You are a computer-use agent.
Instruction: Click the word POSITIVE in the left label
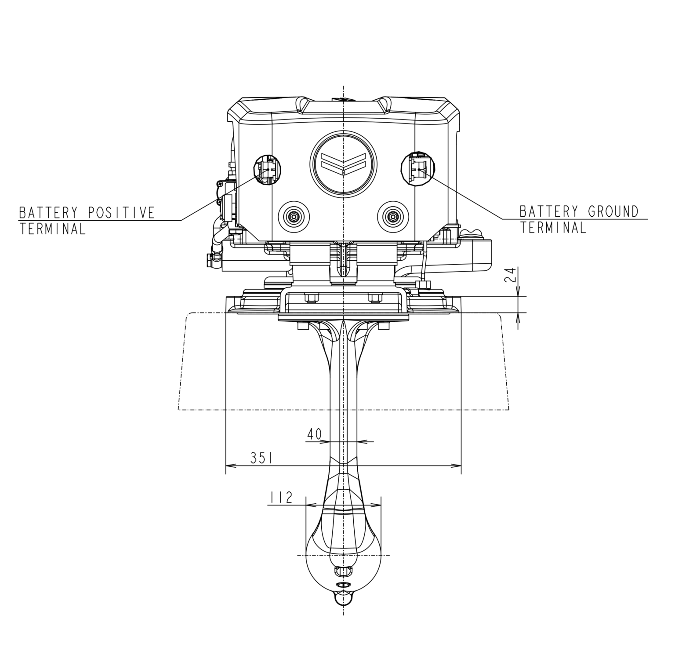pyautogui.click(x=121, y=213)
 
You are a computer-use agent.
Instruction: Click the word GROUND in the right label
pyautogui.click(x=613, y=211)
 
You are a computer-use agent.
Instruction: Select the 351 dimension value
pyautogui.click(x=261, y=458)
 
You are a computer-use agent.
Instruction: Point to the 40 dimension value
pyautogui.click(x=314, y=434)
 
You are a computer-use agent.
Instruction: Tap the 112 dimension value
pyautogui.click(x=281, y=498)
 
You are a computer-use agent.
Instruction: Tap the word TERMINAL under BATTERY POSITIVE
pyautogui.click(x=52, y=229)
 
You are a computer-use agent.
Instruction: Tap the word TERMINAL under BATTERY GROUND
pyautogui.click(x=552, y=228)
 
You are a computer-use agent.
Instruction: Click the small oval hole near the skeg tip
pyautogui.click(x=343, y=585)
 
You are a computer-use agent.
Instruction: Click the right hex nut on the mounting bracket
pyautogui.click(x=374, y=298)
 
